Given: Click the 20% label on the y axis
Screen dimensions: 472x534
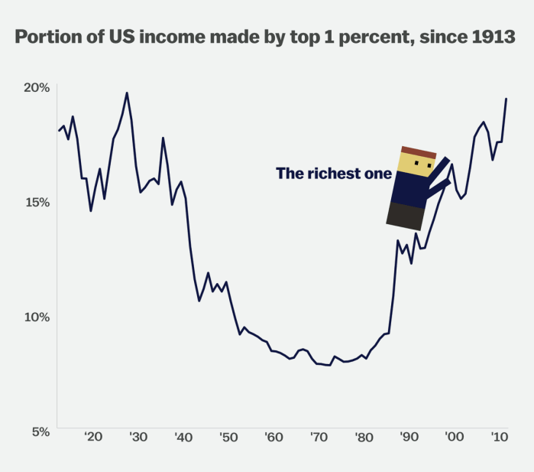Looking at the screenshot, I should (x=35, y=87).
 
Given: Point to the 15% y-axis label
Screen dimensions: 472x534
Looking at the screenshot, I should (x=35, y=202).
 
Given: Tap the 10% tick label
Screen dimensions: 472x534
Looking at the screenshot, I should (x=35, y=317).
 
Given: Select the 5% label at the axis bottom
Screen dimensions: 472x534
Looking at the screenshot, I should (x=38, y=431).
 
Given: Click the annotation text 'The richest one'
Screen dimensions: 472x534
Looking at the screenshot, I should (x=333, y=174).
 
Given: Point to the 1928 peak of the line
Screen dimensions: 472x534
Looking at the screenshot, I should (x=127, y=93).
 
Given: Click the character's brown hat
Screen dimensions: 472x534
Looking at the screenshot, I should (x=419, y=151).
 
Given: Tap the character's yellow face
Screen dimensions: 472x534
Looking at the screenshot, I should (x=416, y=164).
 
